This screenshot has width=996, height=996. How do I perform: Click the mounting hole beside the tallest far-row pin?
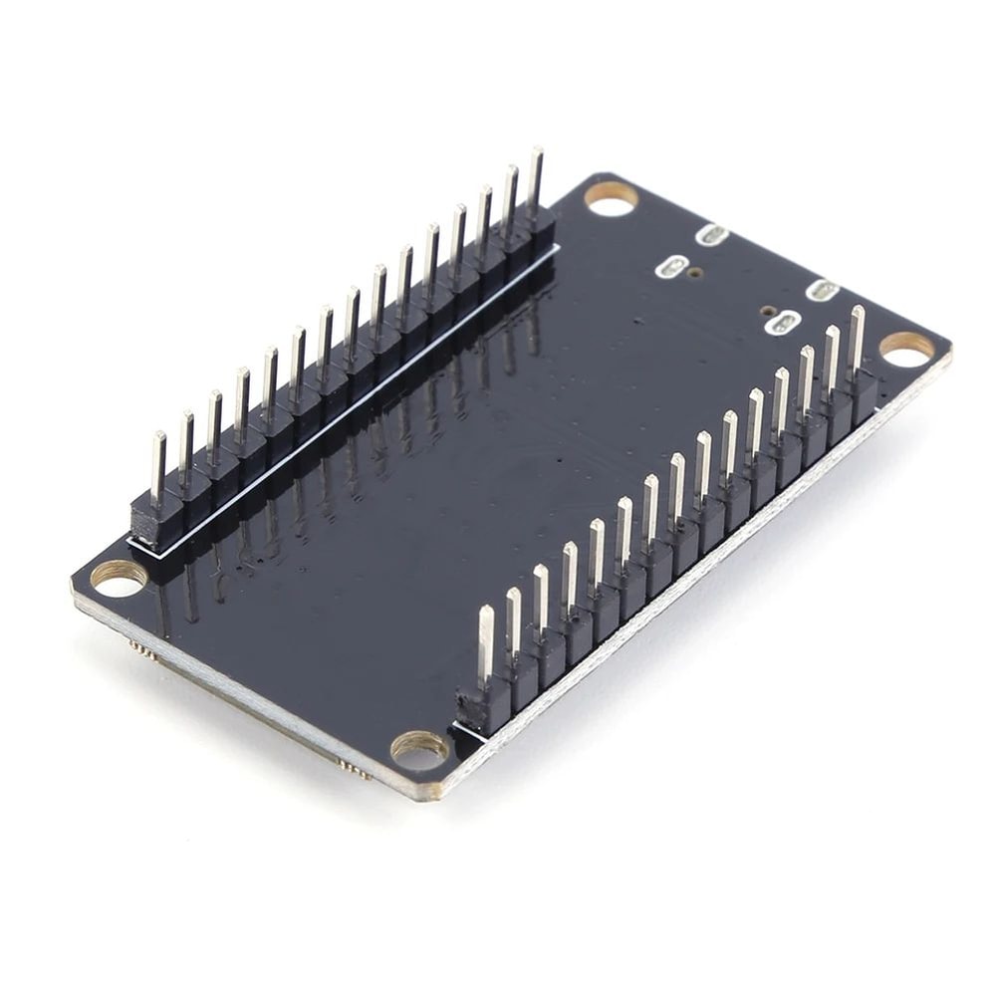click(611, 197)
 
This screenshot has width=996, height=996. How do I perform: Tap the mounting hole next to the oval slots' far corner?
click(907, 348)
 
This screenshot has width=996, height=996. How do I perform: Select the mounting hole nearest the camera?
click(419, 748)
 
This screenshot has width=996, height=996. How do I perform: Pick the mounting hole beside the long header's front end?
click(119, 577)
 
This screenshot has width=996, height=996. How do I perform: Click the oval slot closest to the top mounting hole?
click(712, 235)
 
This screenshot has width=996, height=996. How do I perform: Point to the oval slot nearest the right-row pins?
click(823, 290)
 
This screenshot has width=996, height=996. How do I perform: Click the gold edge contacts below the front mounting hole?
click(353, 768)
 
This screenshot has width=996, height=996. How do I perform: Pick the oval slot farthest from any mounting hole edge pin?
click(672, 267)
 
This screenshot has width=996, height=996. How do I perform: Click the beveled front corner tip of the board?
click(434, 797)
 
